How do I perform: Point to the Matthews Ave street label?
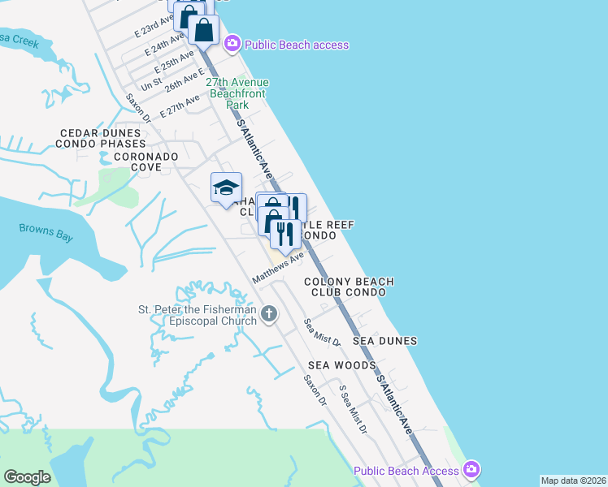277,267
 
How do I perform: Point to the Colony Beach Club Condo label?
349,287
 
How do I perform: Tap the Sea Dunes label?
384,341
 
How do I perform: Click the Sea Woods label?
341,365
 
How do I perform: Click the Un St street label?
150,84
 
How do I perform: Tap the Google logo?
27,477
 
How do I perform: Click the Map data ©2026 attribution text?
573,481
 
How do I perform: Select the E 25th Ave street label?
176,62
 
